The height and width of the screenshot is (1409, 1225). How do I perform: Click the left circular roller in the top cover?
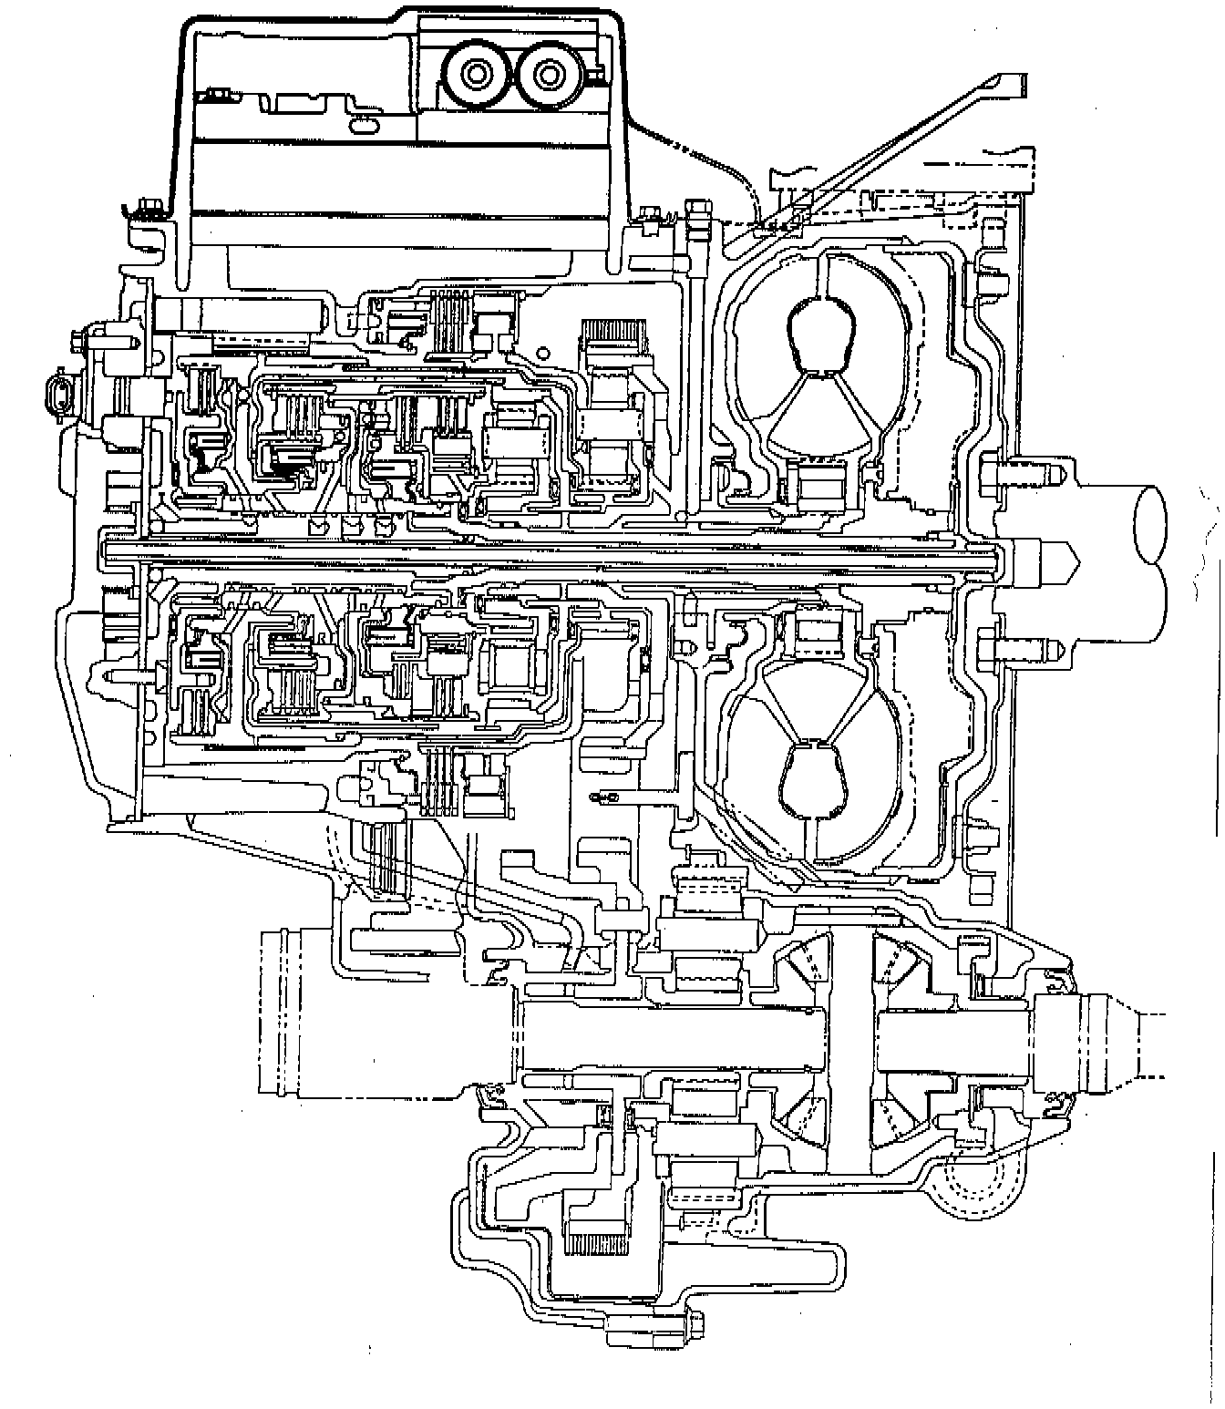476,72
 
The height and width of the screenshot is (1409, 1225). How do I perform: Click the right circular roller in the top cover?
549,72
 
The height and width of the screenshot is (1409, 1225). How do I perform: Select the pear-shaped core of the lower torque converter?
812,776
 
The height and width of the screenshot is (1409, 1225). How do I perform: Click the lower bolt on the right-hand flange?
1019,649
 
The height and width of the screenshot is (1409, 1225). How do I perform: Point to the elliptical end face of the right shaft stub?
1151,526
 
